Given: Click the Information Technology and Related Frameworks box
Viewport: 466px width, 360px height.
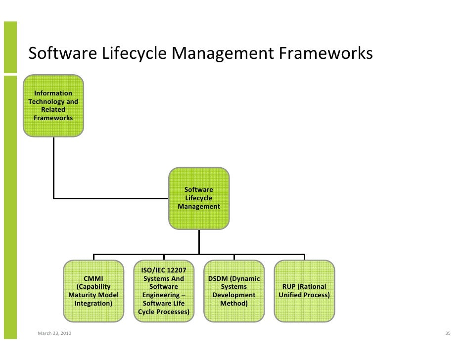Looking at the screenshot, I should coord(53,105).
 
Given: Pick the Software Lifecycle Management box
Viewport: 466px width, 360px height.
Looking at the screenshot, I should coord(199,198).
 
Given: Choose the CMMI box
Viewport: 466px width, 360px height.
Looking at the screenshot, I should coord(93,291).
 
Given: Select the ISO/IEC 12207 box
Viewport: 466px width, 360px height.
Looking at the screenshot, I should coord(164,291).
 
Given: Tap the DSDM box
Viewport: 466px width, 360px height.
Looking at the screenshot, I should coord(234,291).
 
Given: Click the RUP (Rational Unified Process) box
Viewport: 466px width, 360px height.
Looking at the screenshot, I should coord(304,291).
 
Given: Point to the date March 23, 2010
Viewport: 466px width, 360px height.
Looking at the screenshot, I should coord(54,334).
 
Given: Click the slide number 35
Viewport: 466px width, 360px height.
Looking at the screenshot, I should coord(448,334).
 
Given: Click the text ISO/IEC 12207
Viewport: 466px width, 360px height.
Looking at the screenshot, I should coord(164,270).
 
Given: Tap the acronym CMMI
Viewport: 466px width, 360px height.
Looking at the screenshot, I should coord(93,278).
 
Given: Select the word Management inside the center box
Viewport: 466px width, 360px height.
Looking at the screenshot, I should coord(199,206).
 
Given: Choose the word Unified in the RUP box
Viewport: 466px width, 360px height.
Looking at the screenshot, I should coord(290,295).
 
